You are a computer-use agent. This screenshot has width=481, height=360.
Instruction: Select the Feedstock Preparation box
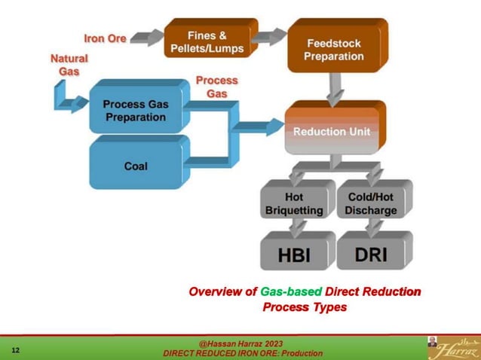[x=334, y=49]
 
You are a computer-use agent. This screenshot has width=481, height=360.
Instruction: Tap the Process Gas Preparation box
[x=136, y=111]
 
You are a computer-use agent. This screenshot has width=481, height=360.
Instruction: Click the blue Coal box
[x=136, y=166]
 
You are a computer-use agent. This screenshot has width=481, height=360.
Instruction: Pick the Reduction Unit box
[x=332, y=132]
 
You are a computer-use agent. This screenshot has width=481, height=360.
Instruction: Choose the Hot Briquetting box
[x=294, y=203]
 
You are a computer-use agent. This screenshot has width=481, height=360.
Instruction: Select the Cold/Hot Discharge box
[x=371, y=203]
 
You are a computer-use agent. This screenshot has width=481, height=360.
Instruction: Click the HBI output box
[x=294, y=254]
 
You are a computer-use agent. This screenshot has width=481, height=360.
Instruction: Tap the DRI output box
[x=371, y=254]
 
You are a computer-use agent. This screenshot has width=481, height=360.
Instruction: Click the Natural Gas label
[x=69, y=65]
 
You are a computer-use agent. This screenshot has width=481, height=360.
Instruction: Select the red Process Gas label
[x=216, y=87]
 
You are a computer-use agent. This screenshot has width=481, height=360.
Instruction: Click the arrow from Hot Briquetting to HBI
[x=296, y=226]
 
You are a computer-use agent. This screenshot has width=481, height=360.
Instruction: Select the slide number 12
[x=16, y=350]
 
